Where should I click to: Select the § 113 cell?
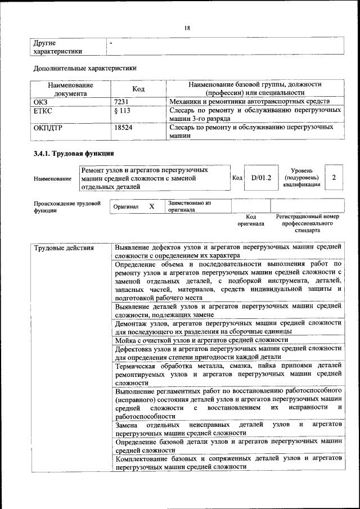point(122,111)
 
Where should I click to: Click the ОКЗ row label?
point(41,101)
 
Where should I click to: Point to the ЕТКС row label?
point(43,111)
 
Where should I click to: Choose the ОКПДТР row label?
point(48,128)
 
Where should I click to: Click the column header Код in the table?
point(138,89)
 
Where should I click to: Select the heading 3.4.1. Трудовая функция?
point(74,153)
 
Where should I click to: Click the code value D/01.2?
point(261,178)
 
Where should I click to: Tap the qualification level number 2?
point(334,178)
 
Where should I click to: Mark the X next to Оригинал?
point(151,206)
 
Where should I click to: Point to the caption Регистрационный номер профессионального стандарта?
point(307,223)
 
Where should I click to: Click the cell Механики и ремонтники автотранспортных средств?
point(245,101)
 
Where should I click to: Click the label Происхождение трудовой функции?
point(67,206)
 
